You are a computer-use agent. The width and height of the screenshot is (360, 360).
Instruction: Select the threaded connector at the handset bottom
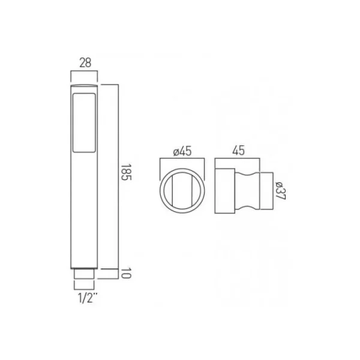[84, 274]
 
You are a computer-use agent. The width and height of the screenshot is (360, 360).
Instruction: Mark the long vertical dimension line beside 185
[118, 174]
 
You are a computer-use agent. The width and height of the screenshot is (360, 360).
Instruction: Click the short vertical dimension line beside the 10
[118, 274]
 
